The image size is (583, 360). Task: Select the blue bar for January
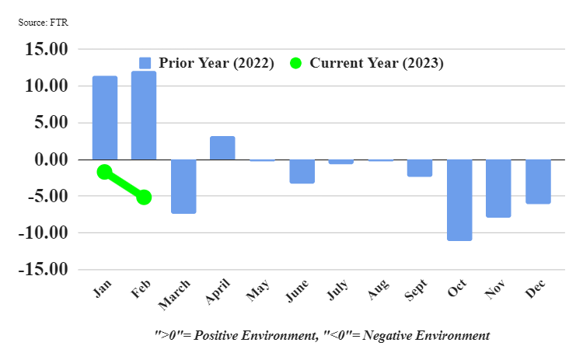click(x=105, y=117)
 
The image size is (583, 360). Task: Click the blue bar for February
click(x=144, y=115)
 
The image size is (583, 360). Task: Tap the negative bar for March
click(x=183, y=187)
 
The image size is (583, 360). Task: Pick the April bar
click(x=222, y=148)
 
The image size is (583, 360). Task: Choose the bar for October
click(x=459, y=200)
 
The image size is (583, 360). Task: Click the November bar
click(x=498, y=188)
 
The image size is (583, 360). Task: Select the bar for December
click(x=538, y=181)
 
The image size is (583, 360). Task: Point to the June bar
click(x=302, y=171)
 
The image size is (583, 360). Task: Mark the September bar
click(x=420, y=168)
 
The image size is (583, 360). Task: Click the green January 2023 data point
click(x=105, y=172)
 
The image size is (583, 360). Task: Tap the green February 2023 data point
click(x=144, y=197)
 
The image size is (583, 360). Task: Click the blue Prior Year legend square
click(x=145, y=64)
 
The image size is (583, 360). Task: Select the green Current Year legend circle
click(x=295, y=64)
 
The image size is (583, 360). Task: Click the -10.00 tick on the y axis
click(x=46, y=232)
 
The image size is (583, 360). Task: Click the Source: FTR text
click(x=44, y=22)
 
